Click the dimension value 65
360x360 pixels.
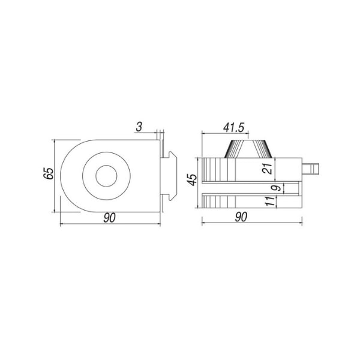[49, 173]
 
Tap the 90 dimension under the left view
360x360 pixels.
[110, 218]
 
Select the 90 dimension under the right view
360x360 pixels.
[241, 217]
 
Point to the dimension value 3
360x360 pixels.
[139, 127]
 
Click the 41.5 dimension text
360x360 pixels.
[234, 128]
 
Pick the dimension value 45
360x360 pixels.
[192, 180]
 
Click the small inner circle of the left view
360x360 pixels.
[106, 176]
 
